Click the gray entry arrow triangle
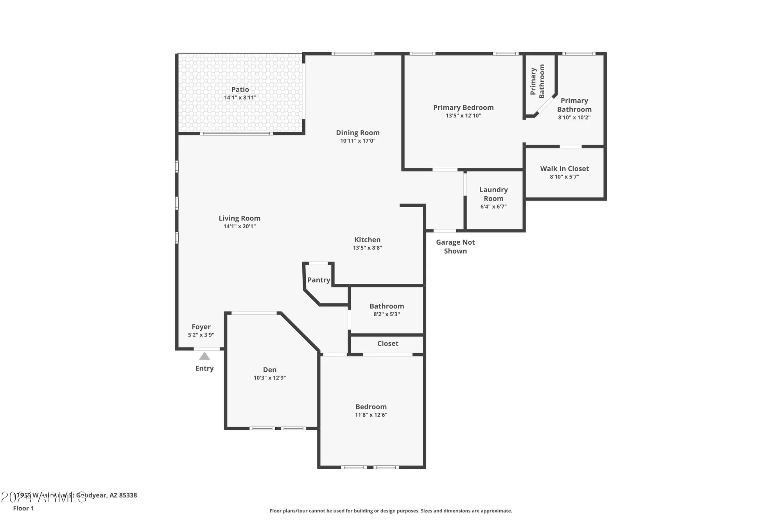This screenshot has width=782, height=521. coord(204,356)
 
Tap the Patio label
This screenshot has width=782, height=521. coord(240,90)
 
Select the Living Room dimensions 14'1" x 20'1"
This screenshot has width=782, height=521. coord(240,226)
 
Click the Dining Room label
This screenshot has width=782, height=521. coord(358,133)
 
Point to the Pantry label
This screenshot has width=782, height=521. coord(319,280)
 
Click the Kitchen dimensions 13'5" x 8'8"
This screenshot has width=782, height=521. coord(368,248)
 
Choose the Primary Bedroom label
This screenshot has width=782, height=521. coord(463,107)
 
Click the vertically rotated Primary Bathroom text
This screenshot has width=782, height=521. coord(537,81)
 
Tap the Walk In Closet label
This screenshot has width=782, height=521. coord(564,168)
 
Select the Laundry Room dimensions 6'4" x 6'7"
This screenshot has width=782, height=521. coord(493,207)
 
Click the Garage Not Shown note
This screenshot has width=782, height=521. coord(456,247)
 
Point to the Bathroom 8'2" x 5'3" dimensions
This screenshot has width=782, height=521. coord(387,314)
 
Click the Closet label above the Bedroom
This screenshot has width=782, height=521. coord(387,344)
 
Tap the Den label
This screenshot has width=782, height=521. coord(270,370)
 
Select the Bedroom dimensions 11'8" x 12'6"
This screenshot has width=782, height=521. coord(371,415)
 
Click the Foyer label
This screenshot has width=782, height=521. coord(201,327)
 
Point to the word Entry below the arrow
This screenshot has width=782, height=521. coord(204,369)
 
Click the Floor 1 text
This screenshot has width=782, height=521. coord(23,508)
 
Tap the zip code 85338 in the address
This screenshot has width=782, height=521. coord(128,495)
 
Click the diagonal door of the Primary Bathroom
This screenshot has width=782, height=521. coord(545,105)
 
